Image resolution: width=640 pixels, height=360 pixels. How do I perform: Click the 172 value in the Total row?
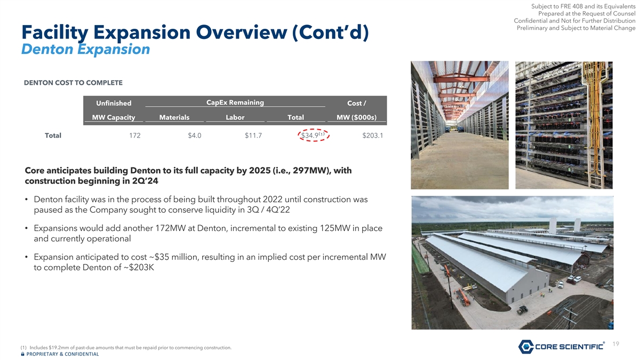[134, 135]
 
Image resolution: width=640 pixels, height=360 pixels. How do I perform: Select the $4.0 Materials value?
[195, 135]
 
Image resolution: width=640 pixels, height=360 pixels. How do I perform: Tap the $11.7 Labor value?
[253, 135]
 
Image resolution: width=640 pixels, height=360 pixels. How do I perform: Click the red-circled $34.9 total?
[314, 135]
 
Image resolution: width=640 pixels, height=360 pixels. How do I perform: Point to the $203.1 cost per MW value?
[373, 135]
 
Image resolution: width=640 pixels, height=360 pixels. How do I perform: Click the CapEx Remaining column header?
[235, 102]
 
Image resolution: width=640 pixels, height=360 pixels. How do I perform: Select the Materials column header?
[174, 117]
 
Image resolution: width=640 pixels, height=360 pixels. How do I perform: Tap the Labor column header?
[235, 117]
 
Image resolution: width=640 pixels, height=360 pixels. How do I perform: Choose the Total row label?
[53, 135]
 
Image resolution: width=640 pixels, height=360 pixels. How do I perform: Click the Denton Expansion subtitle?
[86, 49]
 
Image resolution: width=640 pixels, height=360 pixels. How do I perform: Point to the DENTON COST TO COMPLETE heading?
[73, 83]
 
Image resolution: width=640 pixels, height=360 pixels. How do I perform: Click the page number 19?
[615, 343]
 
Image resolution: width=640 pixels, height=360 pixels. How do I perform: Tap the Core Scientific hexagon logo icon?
[526, 347]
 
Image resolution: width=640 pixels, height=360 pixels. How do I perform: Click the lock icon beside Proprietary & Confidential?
[22, 354]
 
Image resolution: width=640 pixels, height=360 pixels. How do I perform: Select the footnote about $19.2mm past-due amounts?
[126, 348]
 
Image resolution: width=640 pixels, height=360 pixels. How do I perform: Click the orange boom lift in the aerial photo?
[463, 297]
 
